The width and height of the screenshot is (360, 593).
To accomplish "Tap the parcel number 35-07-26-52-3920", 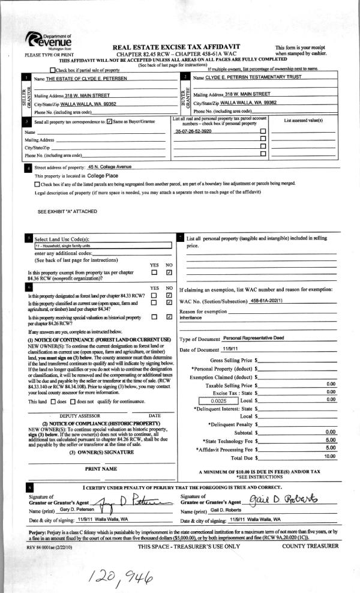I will pyautogui.click(x=193, y=131).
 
